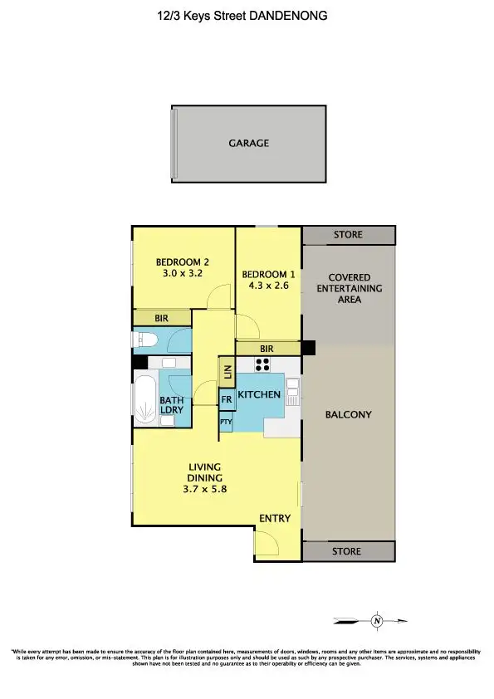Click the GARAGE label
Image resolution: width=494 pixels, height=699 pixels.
(x=249, y=144)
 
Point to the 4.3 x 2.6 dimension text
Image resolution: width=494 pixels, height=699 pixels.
(x=267, y=286)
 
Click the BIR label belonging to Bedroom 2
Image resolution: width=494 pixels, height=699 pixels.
(x=162, y=318)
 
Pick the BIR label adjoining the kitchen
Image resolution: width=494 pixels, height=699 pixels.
(x=267, y=349)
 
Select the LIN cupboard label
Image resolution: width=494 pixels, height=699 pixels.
(x=226, y=372)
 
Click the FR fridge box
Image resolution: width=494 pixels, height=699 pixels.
(x=226, y=399)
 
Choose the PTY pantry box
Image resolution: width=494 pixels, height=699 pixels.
(x=226, y=423)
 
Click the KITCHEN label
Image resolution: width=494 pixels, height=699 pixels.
(x=259, y=394)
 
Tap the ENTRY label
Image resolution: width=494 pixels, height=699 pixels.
(x=275, y=519)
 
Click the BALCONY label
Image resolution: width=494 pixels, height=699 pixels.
(x=348, y=414)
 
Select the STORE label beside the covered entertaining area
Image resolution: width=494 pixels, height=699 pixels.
(x=348, y=235)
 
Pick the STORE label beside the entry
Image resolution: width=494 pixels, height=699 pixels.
(x=348, y=551)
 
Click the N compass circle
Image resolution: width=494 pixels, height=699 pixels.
(x=377, y=620)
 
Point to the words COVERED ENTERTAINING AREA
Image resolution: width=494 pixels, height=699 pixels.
(x=350, y=288)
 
